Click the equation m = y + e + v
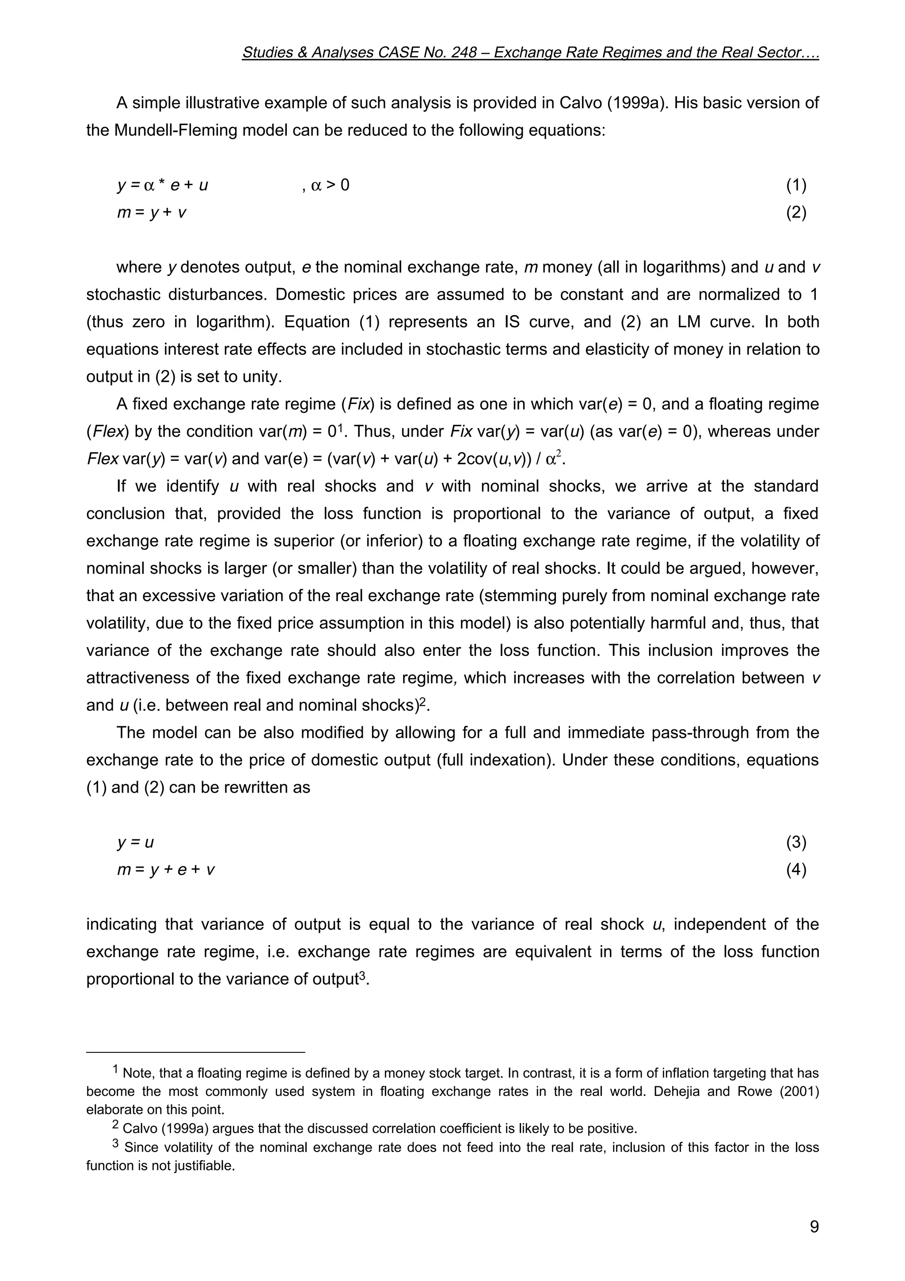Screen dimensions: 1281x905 [166, 870]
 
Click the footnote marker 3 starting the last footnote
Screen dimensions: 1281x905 [115, 1143]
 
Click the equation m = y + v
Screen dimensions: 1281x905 [152, 213]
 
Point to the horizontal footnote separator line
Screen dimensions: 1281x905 [196, 1052]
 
